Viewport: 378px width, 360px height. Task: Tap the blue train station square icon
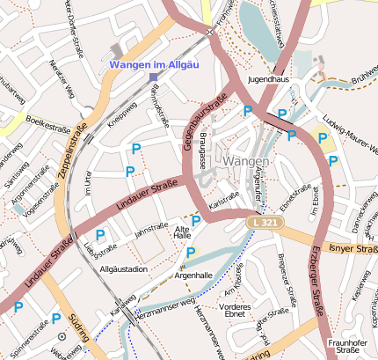tap(154, 77)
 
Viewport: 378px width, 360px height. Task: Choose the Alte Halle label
tap(183, 231)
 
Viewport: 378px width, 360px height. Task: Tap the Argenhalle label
tap(193, 276)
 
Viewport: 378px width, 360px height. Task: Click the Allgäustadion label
tap(124, 268)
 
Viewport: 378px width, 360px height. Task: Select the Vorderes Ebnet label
tap(237, 309)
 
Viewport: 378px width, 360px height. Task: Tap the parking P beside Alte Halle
tap(196, 220)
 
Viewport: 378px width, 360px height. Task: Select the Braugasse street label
tap(202, 146)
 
